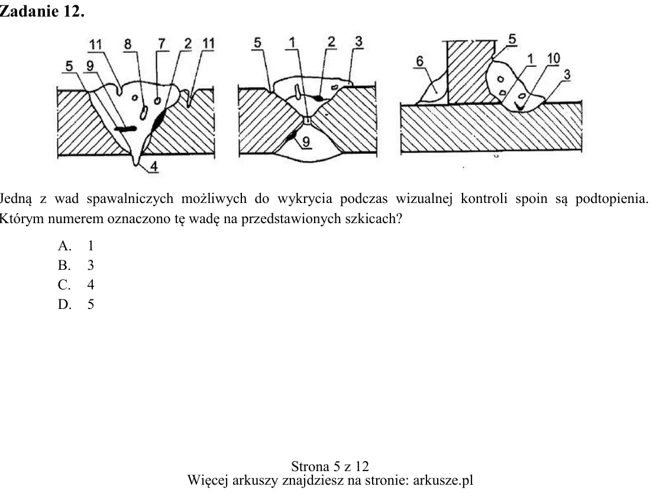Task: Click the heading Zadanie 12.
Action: (41, 11)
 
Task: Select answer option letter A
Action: (64, 246)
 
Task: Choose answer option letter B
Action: (64, 266)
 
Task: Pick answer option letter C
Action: (64, 285)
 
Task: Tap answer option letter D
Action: (64, 305)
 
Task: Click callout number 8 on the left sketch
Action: (128, 44)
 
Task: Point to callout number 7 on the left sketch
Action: (161, 44)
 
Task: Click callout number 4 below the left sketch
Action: (154, 166)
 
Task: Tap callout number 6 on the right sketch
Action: (420, 62)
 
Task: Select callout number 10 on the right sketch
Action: (554, 59)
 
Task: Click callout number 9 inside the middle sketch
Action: (306, 141)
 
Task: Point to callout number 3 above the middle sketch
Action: (359, 41)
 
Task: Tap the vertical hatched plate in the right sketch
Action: (471, 72)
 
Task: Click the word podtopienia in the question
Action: (612, 199)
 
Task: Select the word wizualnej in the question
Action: (424, 199)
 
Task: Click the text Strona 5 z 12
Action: (330, 466)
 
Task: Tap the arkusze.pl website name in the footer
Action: (443, 481)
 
